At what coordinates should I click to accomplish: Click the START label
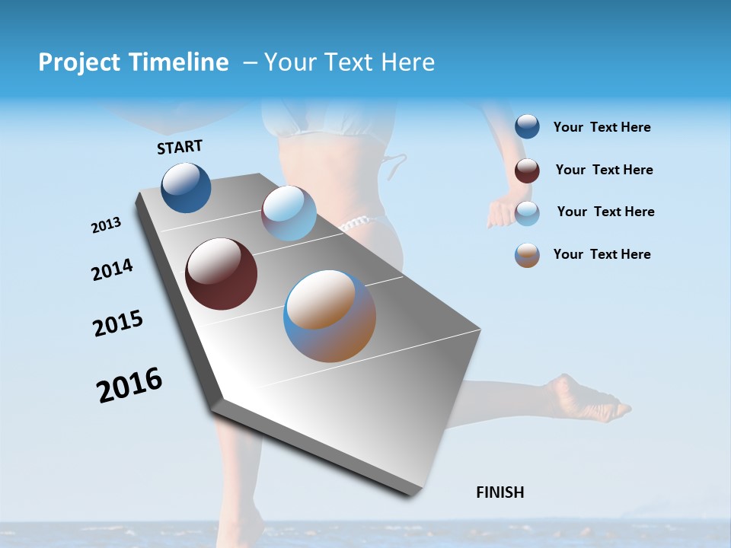[180, 147]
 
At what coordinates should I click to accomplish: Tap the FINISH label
[500, 492]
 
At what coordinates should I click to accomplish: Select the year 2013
[106, 225]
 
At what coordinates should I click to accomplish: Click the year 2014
[112, 270]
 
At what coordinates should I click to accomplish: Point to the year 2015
[118, 323]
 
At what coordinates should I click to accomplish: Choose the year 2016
[129, 385]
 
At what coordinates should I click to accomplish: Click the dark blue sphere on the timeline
[186, 188]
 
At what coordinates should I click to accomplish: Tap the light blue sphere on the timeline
[289, 213]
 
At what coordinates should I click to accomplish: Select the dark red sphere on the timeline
[222, 274]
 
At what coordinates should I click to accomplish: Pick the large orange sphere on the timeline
[330, 316]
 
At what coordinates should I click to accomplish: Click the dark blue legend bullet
[527, 126]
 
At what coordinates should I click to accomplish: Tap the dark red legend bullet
[527, 170]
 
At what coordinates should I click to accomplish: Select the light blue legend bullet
[527, 212]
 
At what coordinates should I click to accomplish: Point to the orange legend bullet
[527, 255]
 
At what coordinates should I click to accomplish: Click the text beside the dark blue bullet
[602, 128]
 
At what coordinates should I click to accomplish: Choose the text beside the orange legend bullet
[602, 254]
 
